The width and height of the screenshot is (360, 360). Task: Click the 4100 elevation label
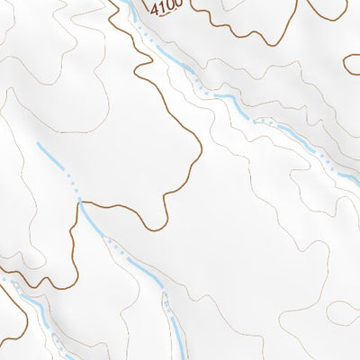pyautogui.click(x=166, y=7)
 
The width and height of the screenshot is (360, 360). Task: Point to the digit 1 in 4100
pyautogui.click(x=163, y=7)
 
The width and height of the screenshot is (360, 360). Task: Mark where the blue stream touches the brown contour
pyautogui.click(x=81, y=203)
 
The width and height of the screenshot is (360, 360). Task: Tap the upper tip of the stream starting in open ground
pyautogui.click(x=39, y=143)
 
